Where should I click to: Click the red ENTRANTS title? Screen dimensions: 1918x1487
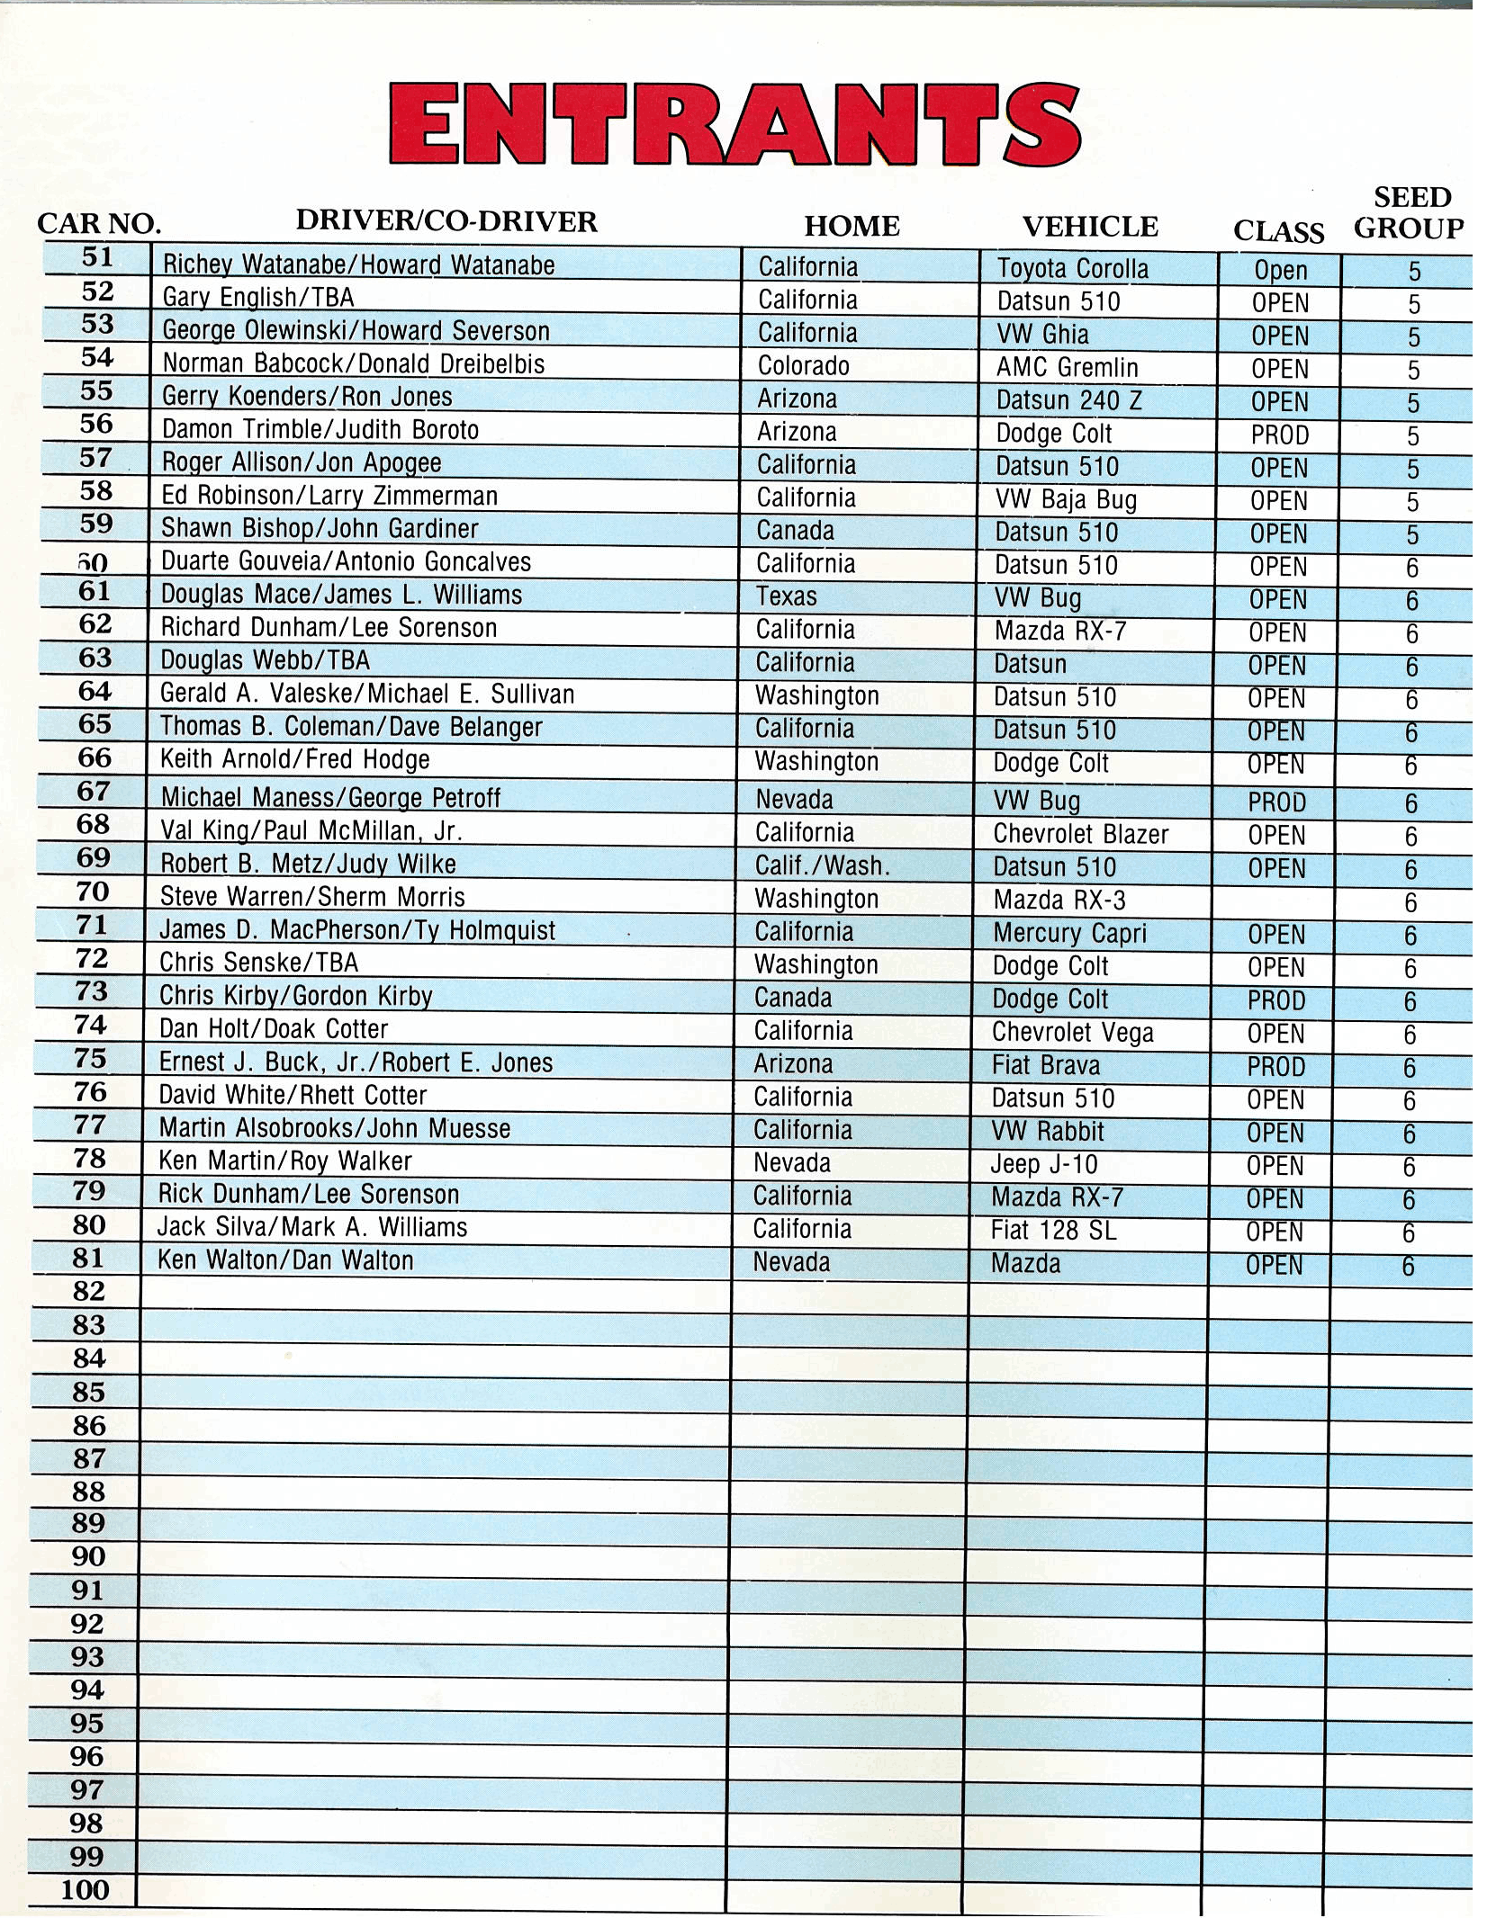(x=734, y=124)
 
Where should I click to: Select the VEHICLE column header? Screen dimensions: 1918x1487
(x=1090, y=227)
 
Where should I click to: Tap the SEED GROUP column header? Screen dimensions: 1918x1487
(x=1410, y=213)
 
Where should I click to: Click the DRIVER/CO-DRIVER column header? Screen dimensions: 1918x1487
(x=446, y=221)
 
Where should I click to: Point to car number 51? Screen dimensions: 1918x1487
(x=97, y=258)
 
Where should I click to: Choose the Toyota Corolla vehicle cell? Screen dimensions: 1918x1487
(x=1072, y=269)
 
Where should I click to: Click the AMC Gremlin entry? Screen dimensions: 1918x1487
(x=1067, y=368)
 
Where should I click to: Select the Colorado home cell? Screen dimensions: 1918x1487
(x=804, y=366)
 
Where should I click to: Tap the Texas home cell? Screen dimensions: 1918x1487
(x=787, y=596)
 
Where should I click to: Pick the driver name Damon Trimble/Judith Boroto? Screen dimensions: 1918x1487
(x=320, y=430)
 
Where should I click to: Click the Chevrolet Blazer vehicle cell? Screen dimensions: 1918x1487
(x=1080, y=834)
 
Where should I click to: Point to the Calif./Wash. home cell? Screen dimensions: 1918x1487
(x=822, y=866)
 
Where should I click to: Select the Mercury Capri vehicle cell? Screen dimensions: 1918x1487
(x=1069, y=933)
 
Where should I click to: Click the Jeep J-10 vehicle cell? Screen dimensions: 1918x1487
(x=1044, y=1164)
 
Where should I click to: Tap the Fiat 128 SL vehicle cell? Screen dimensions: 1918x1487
(x=1053, y=1230)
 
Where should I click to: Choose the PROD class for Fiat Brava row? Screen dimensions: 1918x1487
(x=1275, y=1067)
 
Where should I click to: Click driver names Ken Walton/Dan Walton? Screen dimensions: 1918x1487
(x=285, y=1260)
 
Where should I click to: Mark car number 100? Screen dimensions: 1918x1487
(x=86, y=1889)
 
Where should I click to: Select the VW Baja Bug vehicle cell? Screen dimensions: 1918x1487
(x=1066, y=500)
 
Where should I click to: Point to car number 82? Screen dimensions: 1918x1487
(x=89, y=1292)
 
